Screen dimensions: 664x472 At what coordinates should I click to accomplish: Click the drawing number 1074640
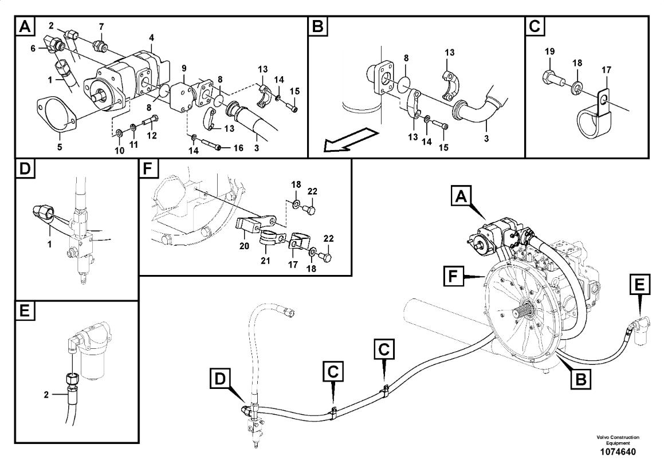(x=618, y=452)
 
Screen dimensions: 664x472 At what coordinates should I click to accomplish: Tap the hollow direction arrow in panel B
(x=350, y=140)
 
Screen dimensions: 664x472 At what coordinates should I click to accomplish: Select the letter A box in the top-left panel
(x=25, y=26)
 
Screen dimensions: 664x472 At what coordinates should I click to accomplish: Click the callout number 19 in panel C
(x=549, y=52)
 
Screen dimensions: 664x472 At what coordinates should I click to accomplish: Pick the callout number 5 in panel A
(x=60, y=147)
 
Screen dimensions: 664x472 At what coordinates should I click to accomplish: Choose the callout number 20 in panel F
(x=244, y=245)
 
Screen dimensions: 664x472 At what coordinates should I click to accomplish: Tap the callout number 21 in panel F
(x=265, y=260)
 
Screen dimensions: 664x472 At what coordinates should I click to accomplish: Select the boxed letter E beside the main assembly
(x=639, y=285)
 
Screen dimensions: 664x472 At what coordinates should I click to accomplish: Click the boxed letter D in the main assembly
(x=220, y=378)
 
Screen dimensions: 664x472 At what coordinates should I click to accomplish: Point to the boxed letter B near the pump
(x=580, y=379)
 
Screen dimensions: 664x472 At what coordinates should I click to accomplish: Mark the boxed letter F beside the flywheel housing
(x=453, y=277)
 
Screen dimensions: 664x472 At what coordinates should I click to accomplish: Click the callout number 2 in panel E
(x=46, y=395)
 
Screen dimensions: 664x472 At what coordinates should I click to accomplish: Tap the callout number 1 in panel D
(x=49, y=244)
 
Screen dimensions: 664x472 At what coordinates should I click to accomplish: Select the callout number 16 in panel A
(x=238, y=148)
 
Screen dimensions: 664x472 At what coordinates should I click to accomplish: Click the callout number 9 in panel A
(x=184, y=68)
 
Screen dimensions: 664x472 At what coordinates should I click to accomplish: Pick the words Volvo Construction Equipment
(x=618, y=440)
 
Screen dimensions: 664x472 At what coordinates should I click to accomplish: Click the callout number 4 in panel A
(x=151, y=38)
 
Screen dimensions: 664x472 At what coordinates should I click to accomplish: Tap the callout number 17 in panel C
(x=606, y=70)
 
